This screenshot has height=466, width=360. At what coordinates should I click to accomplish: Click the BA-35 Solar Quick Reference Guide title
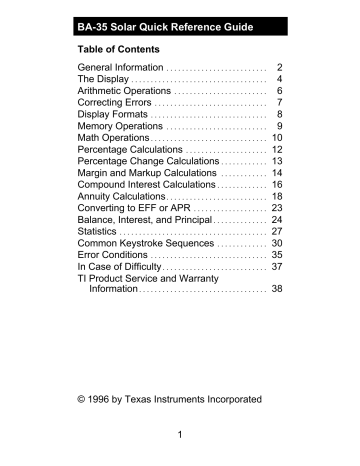(170, 24)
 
